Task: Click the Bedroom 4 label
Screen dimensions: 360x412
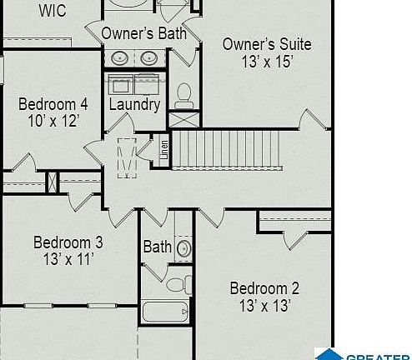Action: tap(53, 104)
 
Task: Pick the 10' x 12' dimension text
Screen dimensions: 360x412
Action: tap(53, 122)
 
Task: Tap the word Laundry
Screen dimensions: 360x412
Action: tap(134, 104)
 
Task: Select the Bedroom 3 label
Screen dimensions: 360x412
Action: tap(68, 242)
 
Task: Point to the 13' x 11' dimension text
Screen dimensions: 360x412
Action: tap(68, 259)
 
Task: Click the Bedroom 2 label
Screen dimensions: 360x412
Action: tap(264, 288)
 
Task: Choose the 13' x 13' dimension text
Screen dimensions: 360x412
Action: tap(264, 306)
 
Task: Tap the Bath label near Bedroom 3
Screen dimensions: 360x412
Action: tap(157, 247)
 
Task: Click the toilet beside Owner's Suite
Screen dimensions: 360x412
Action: tap(183, 93)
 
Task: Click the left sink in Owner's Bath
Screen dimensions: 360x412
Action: tap(121, 58)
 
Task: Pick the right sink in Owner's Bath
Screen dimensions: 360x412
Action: tap(149, 58)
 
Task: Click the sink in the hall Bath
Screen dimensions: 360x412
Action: tap(184, 247)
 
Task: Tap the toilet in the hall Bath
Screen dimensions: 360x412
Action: tap(175, 285)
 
